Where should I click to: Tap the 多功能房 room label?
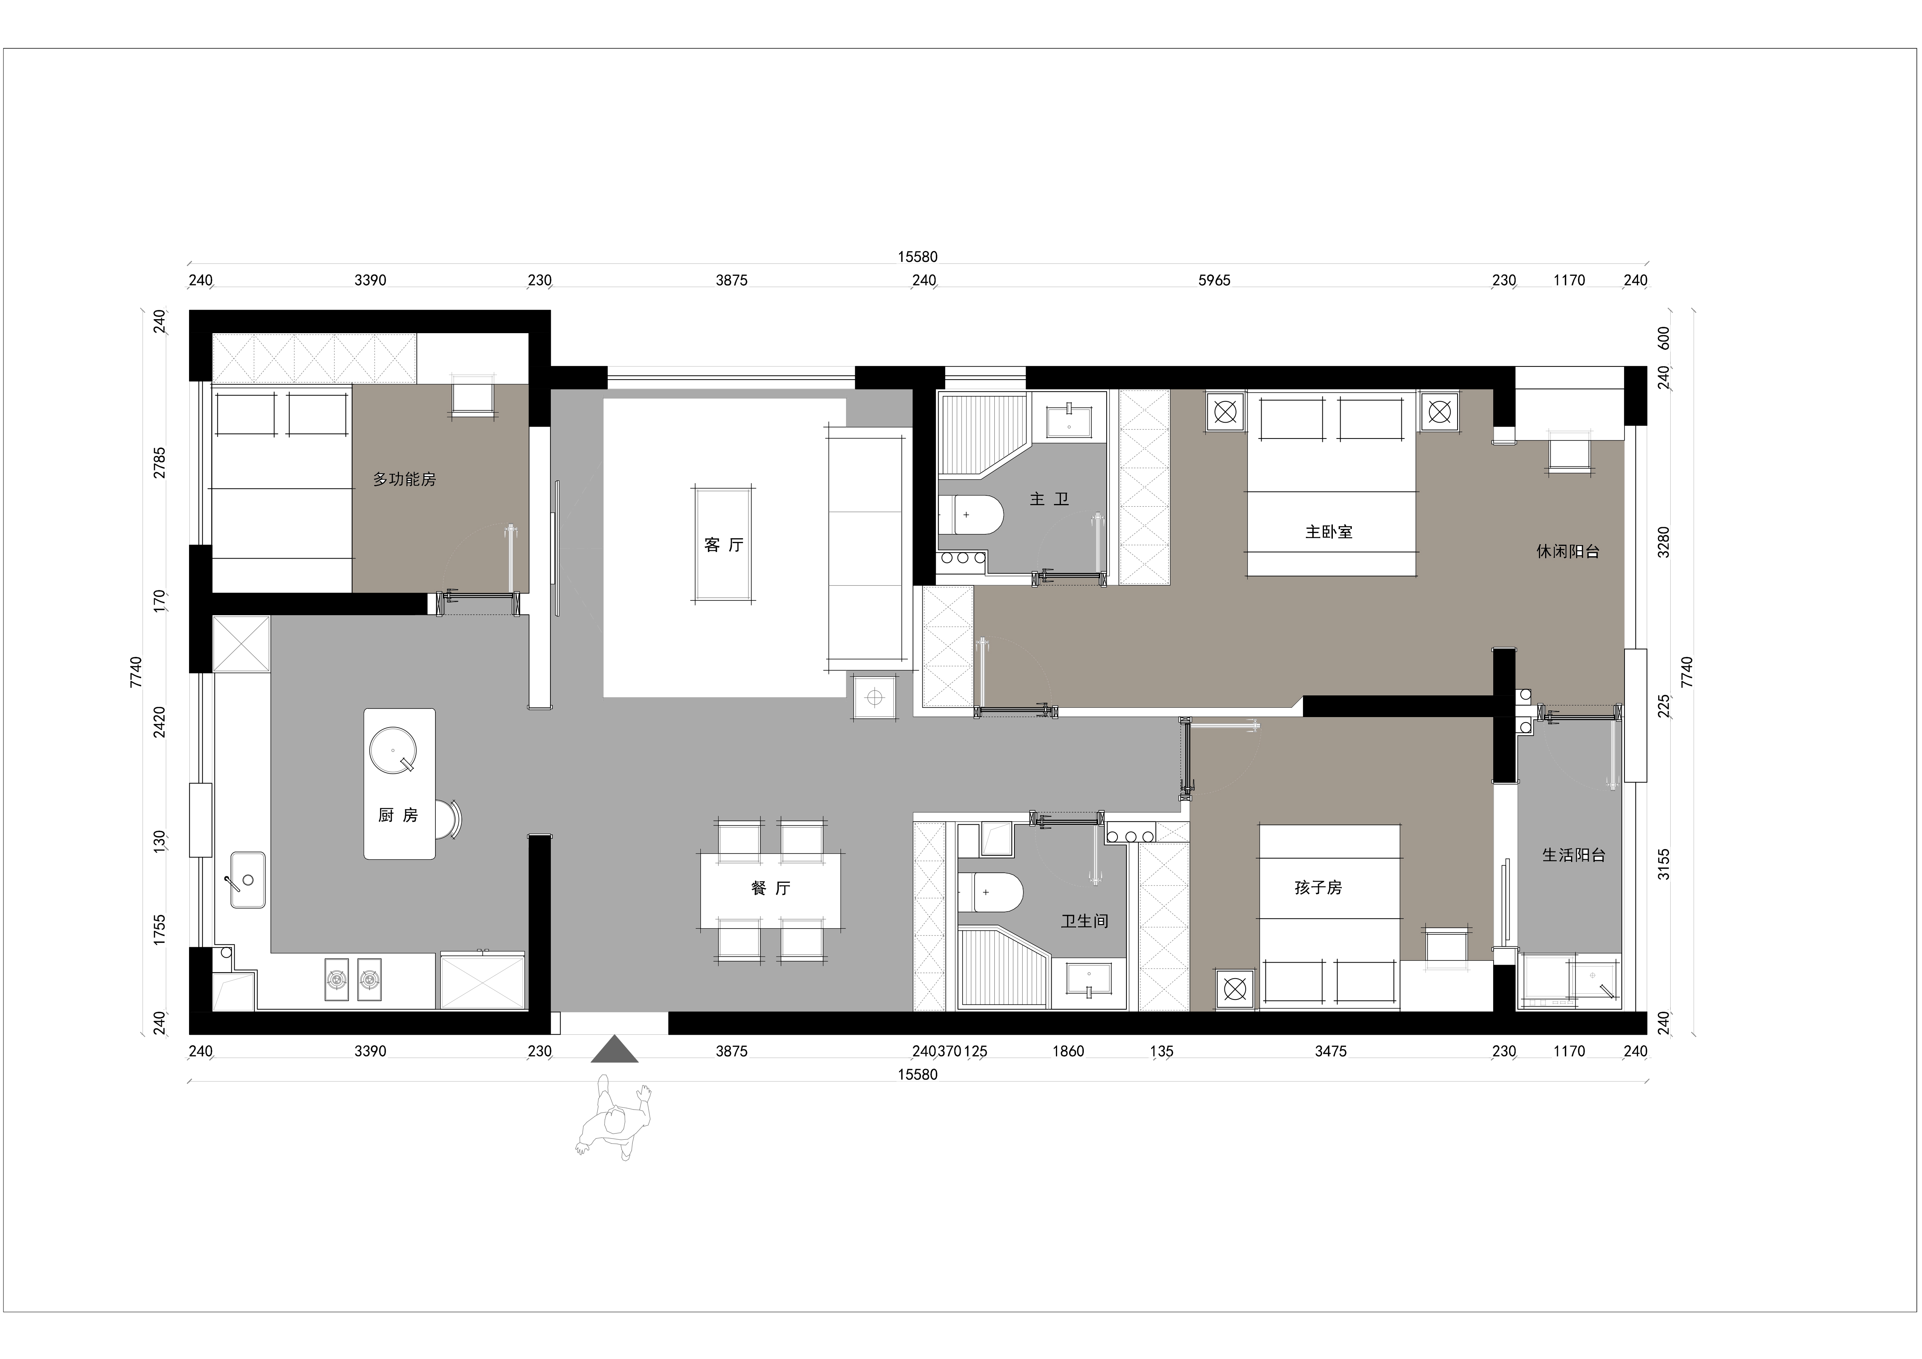(404, 480)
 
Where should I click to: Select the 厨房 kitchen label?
(398, 815)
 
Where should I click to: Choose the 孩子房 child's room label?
(1319, 888)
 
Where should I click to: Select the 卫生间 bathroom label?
(1085, 921)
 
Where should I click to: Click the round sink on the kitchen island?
(393, 749)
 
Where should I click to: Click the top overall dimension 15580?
(918, 257)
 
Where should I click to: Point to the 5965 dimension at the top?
(1215, 280)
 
